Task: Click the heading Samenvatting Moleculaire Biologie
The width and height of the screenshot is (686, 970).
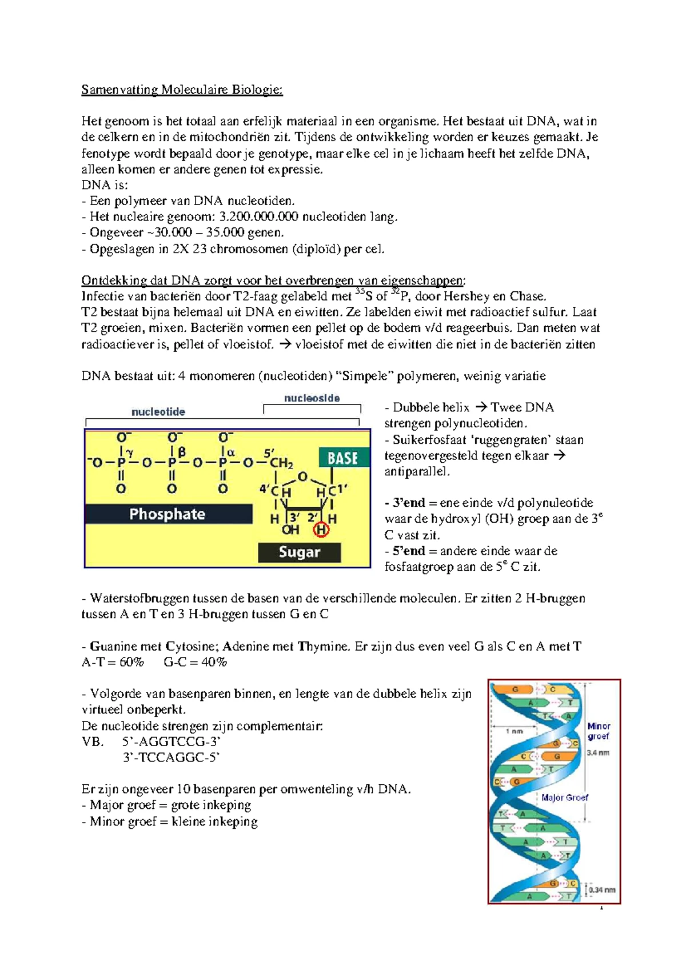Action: (x=182, y=90)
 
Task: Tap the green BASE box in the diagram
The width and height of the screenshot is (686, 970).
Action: (x=343, y=458)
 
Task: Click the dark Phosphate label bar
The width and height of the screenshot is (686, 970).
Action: (x=167, y=514)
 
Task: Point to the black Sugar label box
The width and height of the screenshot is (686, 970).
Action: (x=300, y=552)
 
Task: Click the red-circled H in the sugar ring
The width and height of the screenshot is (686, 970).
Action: (x=321, y=530)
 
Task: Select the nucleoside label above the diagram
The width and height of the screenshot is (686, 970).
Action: (x=312, y=398)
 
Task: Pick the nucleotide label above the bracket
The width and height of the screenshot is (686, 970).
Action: (x=158, y=412)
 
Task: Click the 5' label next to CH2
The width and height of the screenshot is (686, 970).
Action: (x=269, y=452)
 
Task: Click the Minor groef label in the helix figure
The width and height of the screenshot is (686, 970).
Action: (x=599, y=731)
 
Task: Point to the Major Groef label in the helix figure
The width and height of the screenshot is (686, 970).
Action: (x=565, y=797)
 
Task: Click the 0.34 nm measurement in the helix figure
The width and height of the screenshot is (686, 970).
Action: (x=603, y=890)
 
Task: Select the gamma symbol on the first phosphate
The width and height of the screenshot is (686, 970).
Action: (x=130, y=452)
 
